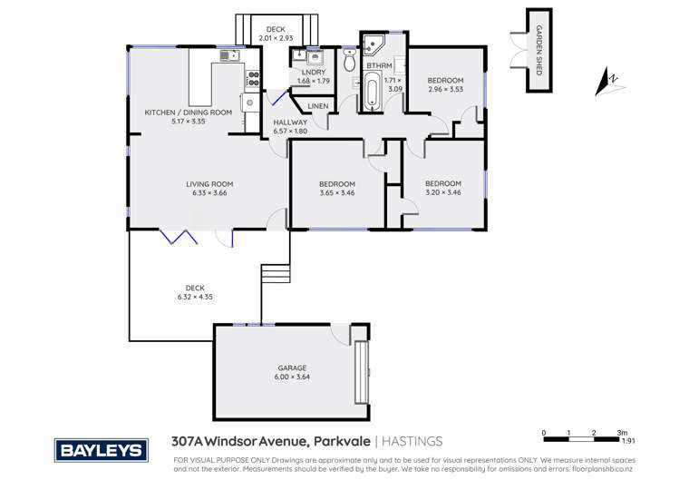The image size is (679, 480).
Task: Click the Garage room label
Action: pyautogui.click(x=292, y=367)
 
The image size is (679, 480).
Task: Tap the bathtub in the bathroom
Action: pyautogui.click(x=373, y=93)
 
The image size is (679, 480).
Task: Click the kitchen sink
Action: pyautogui.click(x=227, y=56)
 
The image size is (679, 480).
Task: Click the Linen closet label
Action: pyautogui.click(x=317, y=107)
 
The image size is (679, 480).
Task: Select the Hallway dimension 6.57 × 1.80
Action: pyautogui.click(x=290, y=131)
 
